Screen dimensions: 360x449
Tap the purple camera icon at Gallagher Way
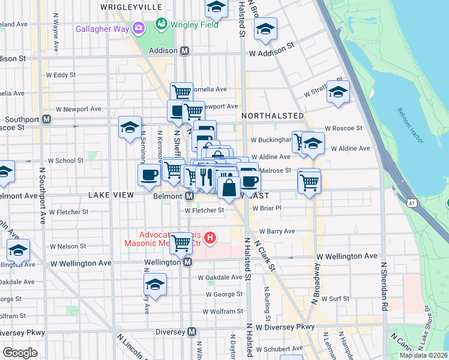(x=139, y=28)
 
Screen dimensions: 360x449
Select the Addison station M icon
(x=185, y=51)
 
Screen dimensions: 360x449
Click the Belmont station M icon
(x=189, y=196)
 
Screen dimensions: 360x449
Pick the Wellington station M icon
(x=188, y=262)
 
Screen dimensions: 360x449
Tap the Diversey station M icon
(x=192, y=332)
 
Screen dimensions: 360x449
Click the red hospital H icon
(x=209, y=239)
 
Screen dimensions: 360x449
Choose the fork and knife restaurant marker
(x=205, y=176)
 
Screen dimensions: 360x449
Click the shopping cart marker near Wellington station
(x=181, y=243)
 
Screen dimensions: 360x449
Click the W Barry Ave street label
(x=277, y=231)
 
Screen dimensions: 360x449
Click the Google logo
(x=20, y=353)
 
